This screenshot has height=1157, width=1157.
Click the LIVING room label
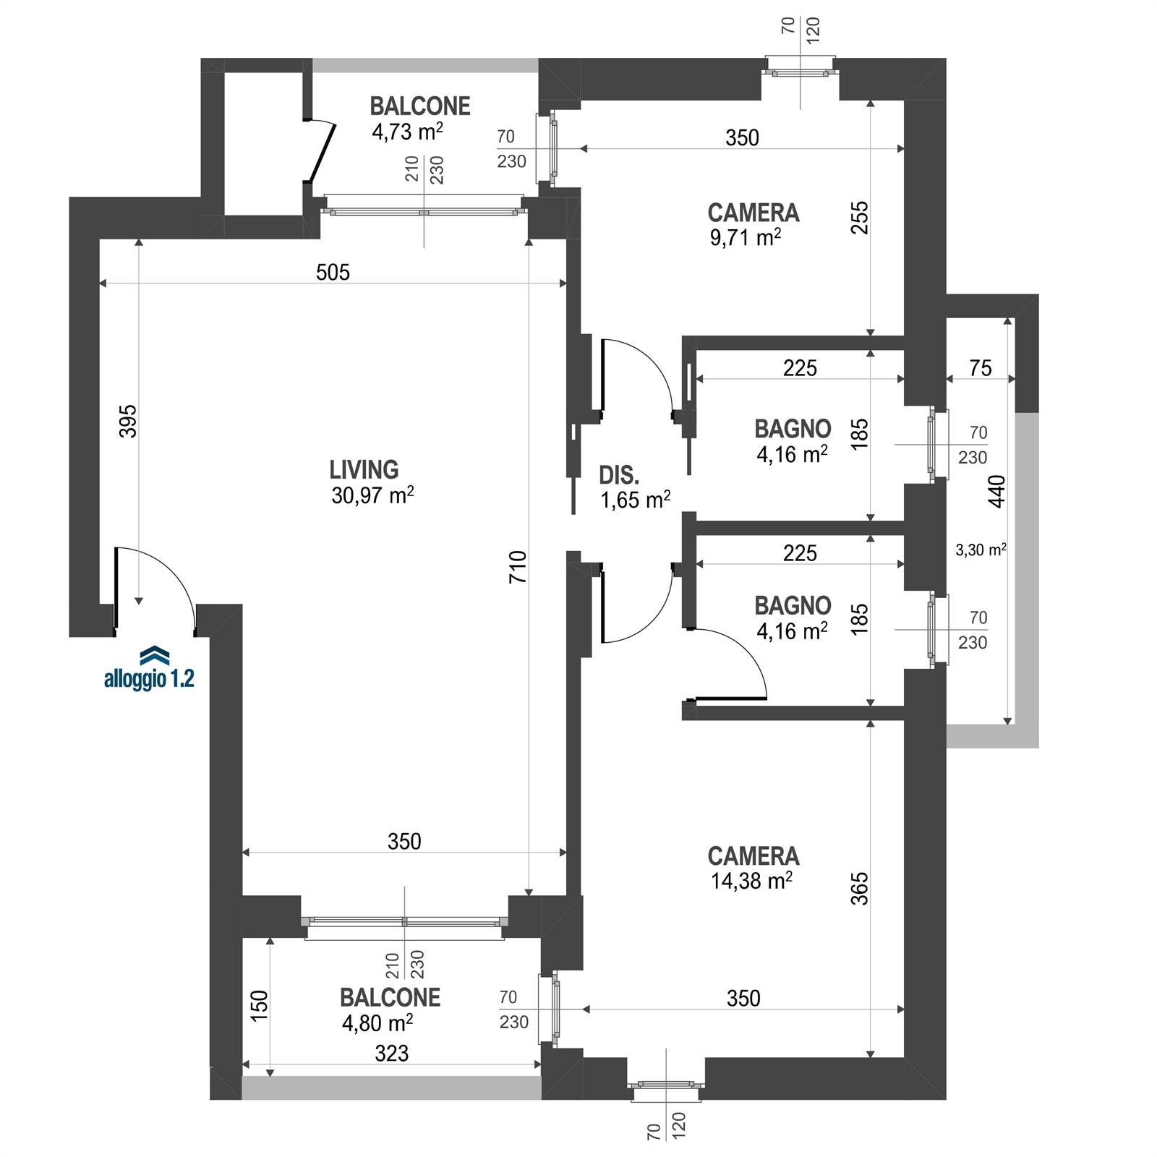point(364,470)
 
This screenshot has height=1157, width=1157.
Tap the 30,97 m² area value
point(373,495)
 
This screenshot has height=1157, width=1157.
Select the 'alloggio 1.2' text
point(149,679)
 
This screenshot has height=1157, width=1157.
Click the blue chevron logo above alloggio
point(154,654)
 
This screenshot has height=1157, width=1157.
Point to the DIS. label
point(619,475)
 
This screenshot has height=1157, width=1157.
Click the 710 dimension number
point(518,568)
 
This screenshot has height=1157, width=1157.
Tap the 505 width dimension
point(333,272)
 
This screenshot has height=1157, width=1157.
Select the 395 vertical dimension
point(127,421)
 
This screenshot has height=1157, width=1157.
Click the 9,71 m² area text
point(746,238)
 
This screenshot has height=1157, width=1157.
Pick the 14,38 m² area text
point(752,881)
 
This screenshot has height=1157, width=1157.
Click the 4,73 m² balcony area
point(407,132)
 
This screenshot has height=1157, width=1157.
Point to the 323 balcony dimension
point(391,1054)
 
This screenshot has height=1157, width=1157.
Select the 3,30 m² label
point(981,550)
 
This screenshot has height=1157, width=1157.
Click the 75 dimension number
point(981,368)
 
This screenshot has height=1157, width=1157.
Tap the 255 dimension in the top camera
point(859,217)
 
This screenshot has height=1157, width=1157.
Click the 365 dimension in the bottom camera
point(859,889)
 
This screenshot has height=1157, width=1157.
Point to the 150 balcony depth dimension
point(259,1005)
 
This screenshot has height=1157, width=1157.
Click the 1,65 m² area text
point(636,500)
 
